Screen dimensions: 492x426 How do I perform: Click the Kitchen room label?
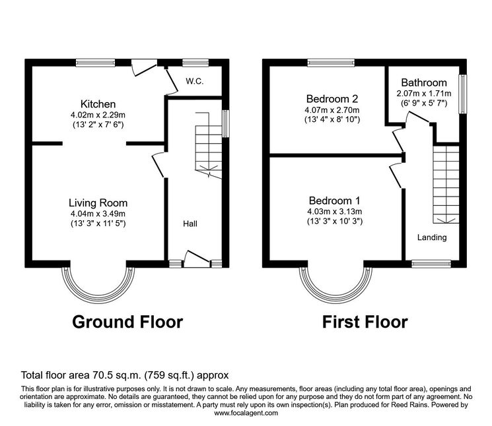(98, 104)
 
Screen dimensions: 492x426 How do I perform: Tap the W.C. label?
(195, 82)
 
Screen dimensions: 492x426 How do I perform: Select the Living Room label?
(98, 203)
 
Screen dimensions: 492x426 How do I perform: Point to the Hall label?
(190, 224)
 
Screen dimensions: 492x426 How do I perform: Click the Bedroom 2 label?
(332, 99)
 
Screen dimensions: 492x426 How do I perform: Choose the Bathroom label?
(424, 82)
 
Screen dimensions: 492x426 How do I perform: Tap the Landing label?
(432, 237)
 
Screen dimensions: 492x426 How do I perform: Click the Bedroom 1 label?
(334, 200)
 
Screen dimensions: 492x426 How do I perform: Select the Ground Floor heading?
(127, 322)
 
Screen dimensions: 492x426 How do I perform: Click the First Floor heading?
(365, 322)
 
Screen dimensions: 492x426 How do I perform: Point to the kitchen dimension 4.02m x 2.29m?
(98, 115)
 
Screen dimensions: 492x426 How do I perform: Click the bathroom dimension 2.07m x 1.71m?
(424, 94)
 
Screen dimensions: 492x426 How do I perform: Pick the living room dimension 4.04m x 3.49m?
(98, 214)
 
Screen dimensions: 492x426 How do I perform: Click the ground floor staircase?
(209, 145)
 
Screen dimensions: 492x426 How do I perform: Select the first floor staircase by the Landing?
(446, 185)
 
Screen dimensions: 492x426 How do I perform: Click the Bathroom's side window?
(463, 94)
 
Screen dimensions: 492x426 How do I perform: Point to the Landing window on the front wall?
(431, 264)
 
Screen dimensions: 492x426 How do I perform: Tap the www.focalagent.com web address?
(246, 413)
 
